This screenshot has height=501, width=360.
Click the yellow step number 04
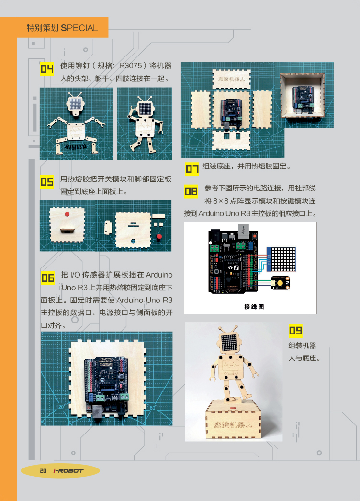(x=47, y=69)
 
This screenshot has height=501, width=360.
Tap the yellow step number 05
(x=47, y=182)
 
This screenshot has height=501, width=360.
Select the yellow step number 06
(x=48, y=278)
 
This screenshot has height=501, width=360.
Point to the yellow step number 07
(x=192, y=169)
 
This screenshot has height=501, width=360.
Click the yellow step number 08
(x=191, y=191)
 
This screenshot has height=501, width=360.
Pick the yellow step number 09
(x=295, y=330)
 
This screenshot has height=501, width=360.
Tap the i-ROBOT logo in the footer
(x=68, y=471)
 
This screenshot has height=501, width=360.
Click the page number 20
(x=43, y=471)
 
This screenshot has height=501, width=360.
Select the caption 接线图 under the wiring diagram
(x=254, y=307)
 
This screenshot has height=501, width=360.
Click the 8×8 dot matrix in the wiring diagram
(x=281, y=258)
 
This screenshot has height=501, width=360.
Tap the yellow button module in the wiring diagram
(x=281, y=283)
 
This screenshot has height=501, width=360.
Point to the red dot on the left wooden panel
(x=67, y=214)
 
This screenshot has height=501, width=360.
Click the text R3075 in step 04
(x=130, y=66)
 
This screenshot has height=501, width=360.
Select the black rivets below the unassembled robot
(x=76, y=146)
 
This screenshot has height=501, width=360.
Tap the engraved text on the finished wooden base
(x=234, y=424)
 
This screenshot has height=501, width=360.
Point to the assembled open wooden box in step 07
(x=303, y=95)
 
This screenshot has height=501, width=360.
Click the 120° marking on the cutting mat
(x=60, y=407)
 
